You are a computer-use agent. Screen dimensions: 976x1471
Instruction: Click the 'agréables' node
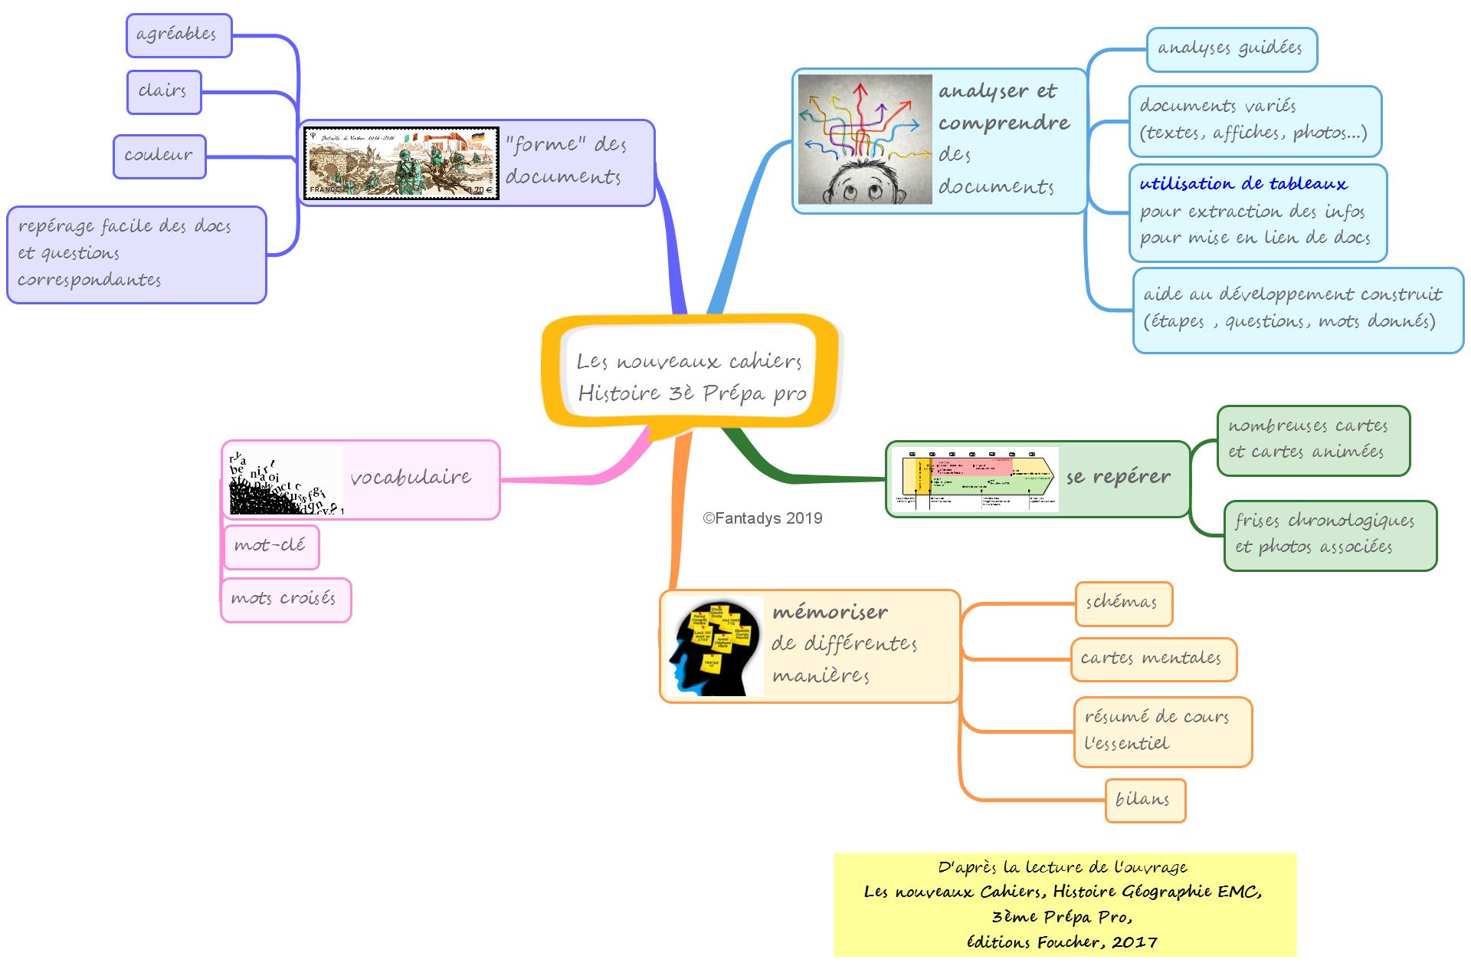(x=179, y=35)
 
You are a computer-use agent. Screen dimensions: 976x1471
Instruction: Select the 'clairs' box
(x=164, y=92)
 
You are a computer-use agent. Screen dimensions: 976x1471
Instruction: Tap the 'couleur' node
(x=159, y=156)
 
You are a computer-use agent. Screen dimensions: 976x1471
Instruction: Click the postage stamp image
(x=401, y=163)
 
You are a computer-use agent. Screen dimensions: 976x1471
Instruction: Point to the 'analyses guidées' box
(x=1231, y=50)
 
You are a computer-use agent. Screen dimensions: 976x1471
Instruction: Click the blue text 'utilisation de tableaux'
(x=1243, y=184)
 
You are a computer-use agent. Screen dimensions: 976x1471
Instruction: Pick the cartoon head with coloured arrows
(x=865, y=140)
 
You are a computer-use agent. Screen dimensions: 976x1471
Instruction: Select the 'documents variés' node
(x=1254, y=120)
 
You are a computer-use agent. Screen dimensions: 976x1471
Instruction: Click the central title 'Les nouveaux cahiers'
(x=690, y=362)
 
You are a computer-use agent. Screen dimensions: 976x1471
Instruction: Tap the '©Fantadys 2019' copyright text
(x=762, y=518)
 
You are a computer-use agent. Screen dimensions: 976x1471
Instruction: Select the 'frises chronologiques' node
(x=1329, y=535)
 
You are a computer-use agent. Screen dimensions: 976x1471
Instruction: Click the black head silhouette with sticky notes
(x=715, y=646)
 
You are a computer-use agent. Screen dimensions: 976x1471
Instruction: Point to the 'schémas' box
(x=1123, y=603)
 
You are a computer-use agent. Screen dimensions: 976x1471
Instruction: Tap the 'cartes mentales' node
(x=1152, y=659)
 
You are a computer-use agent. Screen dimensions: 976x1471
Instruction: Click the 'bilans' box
(x=1145, y=800)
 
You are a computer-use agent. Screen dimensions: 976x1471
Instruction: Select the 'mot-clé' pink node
(x=270, y=547)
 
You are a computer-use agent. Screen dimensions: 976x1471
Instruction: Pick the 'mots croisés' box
(x=285, y=600)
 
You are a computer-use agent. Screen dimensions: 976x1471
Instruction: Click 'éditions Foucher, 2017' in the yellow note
(x=1062, y=942)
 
